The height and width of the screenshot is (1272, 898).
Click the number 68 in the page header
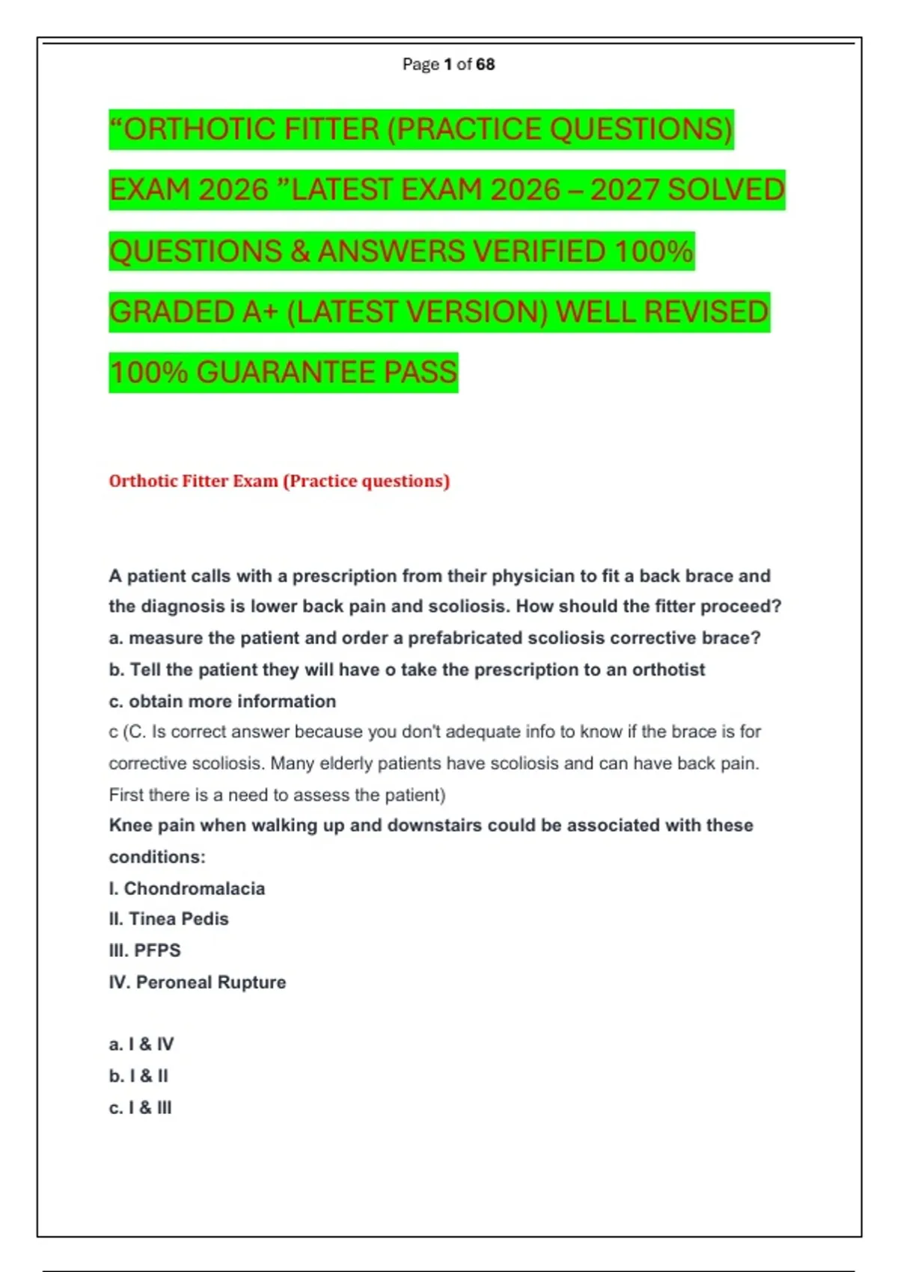(x=485, y=64)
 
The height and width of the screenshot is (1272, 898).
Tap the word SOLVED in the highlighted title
(x=725, y=190)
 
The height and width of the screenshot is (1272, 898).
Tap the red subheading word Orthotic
(x=144, y=481)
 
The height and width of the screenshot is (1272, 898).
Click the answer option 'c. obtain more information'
(x=222, y=701)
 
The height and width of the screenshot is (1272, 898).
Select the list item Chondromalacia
(x=194, y=888)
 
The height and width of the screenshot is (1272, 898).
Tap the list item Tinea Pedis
(x=178, y=919)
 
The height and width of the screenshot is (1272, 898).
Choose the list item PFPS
(x=157, y=950)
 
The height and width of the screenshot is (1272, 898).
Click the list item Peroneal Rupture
(x=210, y=982)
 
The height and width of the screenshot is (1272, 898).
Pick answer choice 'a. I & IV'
(x=141, y=1045)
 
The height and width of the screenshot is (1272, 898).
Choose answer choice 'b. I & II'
(x=138, y=1076)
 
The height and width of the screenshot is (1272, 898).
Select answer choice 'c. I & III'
(x=140, y=1108)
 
